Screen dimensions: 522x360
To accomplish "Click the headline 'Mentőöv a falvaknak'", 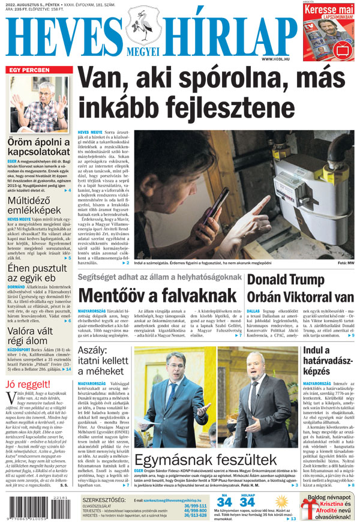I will [x=157, y=296].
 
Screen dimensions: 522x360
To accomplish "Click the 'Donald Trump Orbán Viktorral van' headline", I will [x=300, y=289].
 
